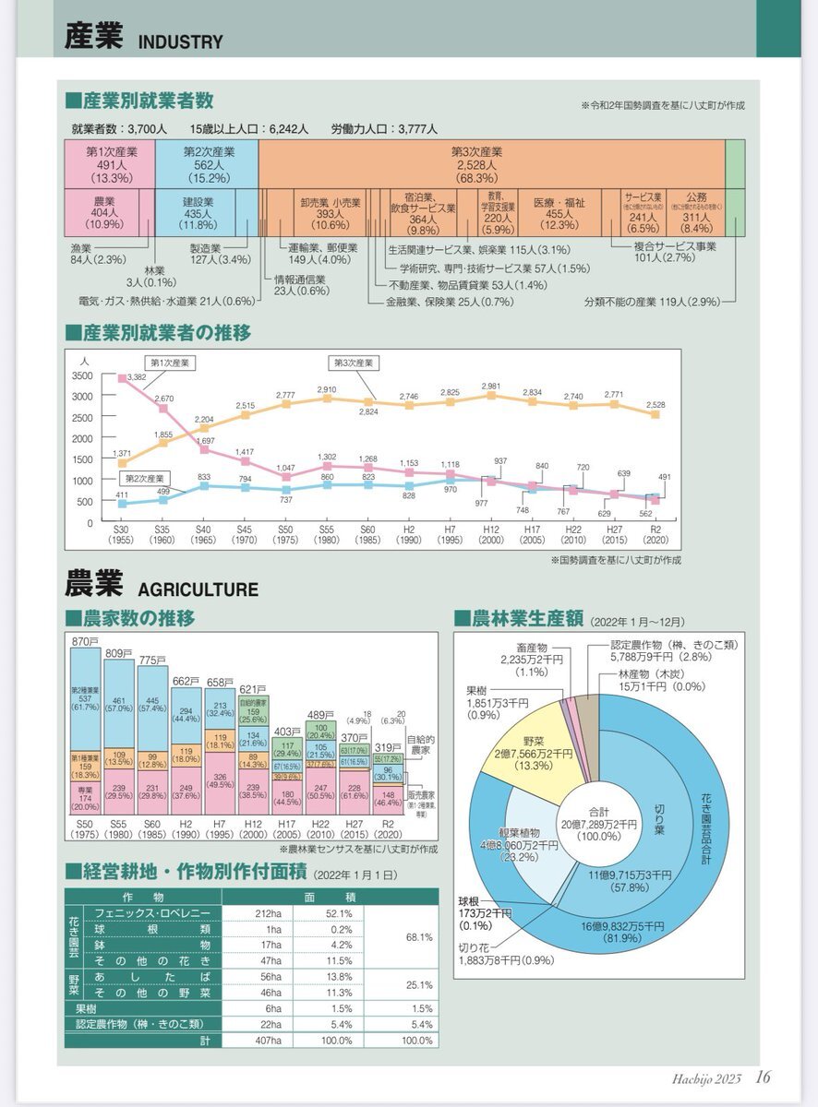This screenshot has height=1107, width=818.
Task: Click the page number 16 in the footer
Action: point(763,1077)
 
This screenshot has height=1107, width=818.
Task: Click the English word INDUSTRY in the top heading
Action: point(181,42)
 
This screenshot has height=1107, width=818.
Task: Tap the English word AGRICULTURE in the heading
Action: point(198,589)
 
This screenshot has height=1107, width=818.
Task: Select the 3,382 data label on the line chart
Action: point(137,376)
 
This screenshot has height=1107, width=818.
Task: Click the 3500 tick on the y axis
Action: point(81,376)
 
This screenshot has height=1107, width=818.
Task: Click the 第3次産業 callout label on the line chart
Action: point(352,363)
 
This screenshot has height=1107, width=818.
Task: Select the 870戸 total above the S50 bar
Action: point(86,641)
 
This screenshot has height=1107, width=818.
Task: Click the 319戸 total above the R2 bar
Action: point(389,747)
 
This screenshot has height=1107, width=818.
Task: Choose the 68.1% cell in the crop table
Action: point(419,936)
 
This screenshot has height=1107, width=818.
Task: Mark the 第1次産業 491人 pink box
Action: point(111,163)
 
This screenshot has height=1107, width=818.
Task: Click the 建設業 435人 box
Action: point(198,211)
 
